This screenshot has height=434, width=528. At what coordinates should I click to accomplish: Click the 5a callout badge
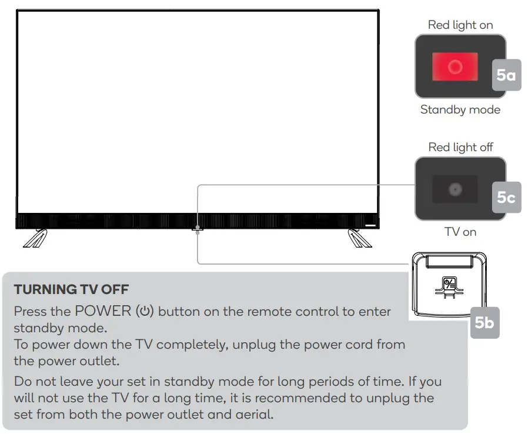[x=506, y=75]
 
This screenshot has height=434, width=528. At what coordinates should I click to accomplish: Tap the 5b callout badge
[x=484, y=323]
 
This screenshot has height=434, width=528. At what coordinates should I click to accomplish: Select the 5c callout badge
[x=506, y=198]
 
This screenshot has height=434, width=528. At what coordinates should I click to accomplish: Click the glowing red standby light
[x=455, y=66]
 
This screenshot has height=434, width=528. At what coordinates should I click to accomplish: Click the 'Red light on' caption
[x=460, y=25]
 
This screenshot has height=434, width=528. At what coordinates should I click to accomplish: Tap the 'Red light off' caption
[x=460, y=147]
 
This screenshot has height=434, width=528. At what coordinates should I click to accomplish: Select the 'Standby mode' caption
[x=460, y=110]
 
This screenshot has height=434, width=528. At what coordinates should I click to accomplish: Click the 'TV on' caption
[x=460, y=232]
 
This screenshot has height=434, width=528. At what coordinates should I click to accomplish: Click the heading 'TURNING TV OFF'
[x=71, y=289]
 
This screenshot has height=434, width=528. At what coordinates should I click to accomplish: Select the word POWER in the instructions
[x=103, y=311]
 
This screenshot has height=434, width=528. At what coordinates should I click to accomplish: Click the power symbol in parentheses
[x=145, y=312]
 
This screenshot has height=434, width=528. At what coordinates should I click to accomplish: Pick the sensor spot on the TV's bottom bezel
[x=198, y=227]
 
